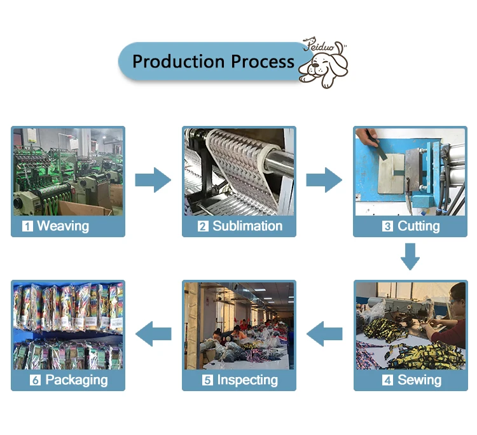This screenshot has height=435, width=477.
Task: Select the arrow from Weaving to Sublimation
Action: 153,180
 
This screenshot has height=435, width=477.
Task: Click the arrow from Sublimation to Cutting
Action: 324,180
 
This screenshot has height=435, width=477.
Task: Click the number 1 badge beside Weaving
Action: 27,226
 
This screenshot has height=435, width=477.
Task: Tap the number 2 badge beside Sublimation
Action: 203,226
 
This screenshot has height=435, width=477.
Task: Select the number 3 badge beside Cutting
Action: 387,226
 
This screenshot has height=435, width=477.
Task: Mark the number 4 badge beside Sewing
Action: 387,380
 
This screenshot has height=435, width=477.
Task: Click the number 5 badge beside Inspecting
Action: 207,380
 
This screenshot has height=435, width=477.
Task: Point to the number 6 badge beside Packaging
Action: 35,380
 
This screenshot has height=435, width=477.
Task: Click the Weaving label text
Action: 63,226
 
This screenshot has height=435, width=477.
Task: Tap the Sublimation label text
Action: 247,226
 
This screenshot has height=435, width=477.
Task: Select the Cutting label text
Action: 418,226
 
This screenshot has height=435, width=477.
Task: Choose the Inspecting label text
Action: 247,380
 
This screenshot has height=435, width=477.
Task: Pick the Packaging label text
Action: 76,380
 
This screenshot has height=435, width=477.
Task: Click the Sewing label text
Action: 419,380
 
